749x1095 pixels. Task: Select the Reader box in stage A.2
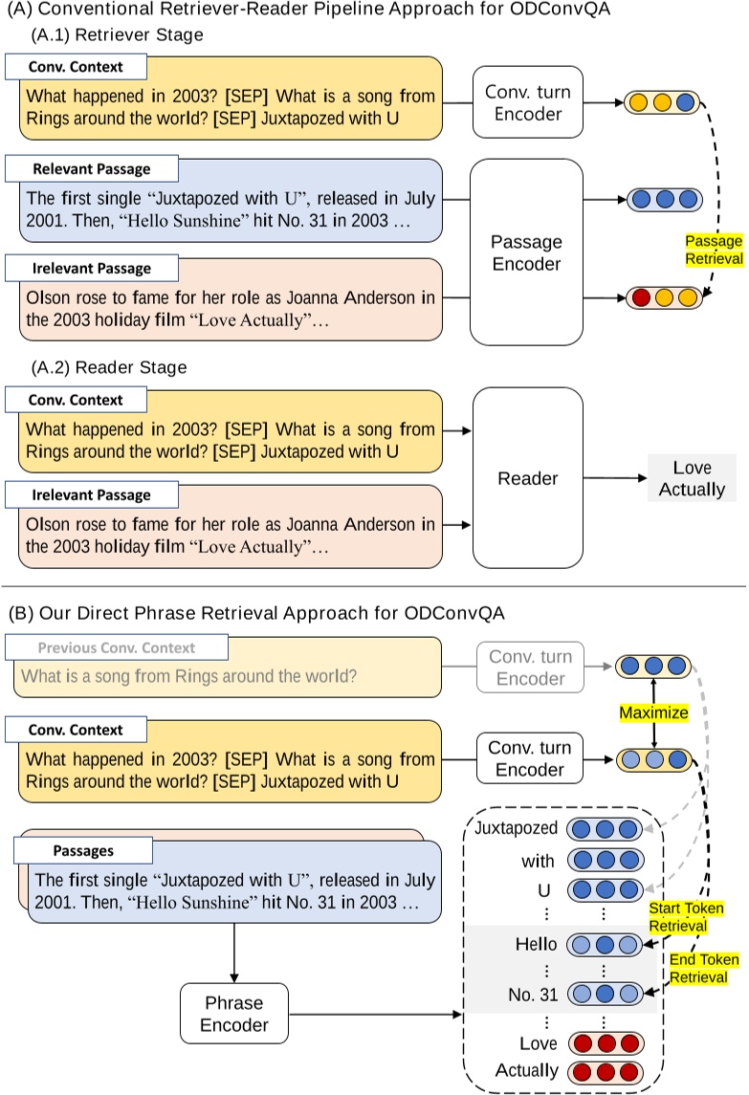pos(527,477)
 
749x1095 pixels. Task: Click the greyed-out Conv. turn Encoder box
pos(530,668)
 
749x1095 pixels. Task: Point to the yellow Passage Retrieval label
pos(713,250)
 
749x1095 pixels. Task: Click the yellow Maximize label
pos(653,712)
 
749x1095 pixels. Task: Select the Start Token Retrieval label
pos(685,916)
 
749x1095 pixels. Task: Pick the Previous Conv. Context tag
pos(116,647)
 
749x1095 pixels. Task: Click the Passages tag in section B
pos(84,849)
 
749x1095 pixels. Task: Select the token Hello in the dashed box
pos(535,944)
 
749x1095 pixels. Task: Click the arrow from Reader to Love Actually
pos(614,477)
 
